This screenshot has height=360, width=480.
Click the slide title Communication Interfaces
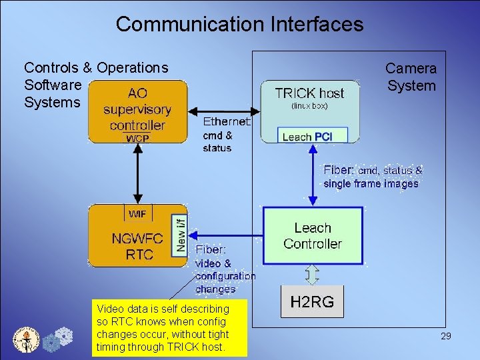click(239, 25)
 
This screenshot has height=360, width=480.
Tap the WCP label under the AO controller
click(138, 138)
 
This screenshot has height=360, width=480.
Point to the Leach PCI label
click(307, 137)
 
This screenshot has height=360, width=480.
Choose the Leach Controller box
click(313, 235)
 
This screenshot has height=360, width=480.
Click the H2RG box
click(312, 302)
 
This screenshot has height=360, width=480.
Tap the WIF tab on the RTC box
click(137, 213)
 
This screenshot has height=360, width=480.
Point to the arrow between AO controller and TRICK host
click(223, 110)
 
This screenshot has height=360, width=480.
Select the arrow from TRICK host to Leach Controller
click(312, 175)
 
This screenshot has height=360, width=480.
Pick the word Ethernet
click(227, 122)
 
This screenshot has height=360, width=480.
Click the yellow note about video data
click(169, 328)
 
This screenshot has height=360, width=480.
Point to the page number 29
click(445, 336)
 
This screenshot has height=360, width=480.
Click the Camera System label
click(411, 77)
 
